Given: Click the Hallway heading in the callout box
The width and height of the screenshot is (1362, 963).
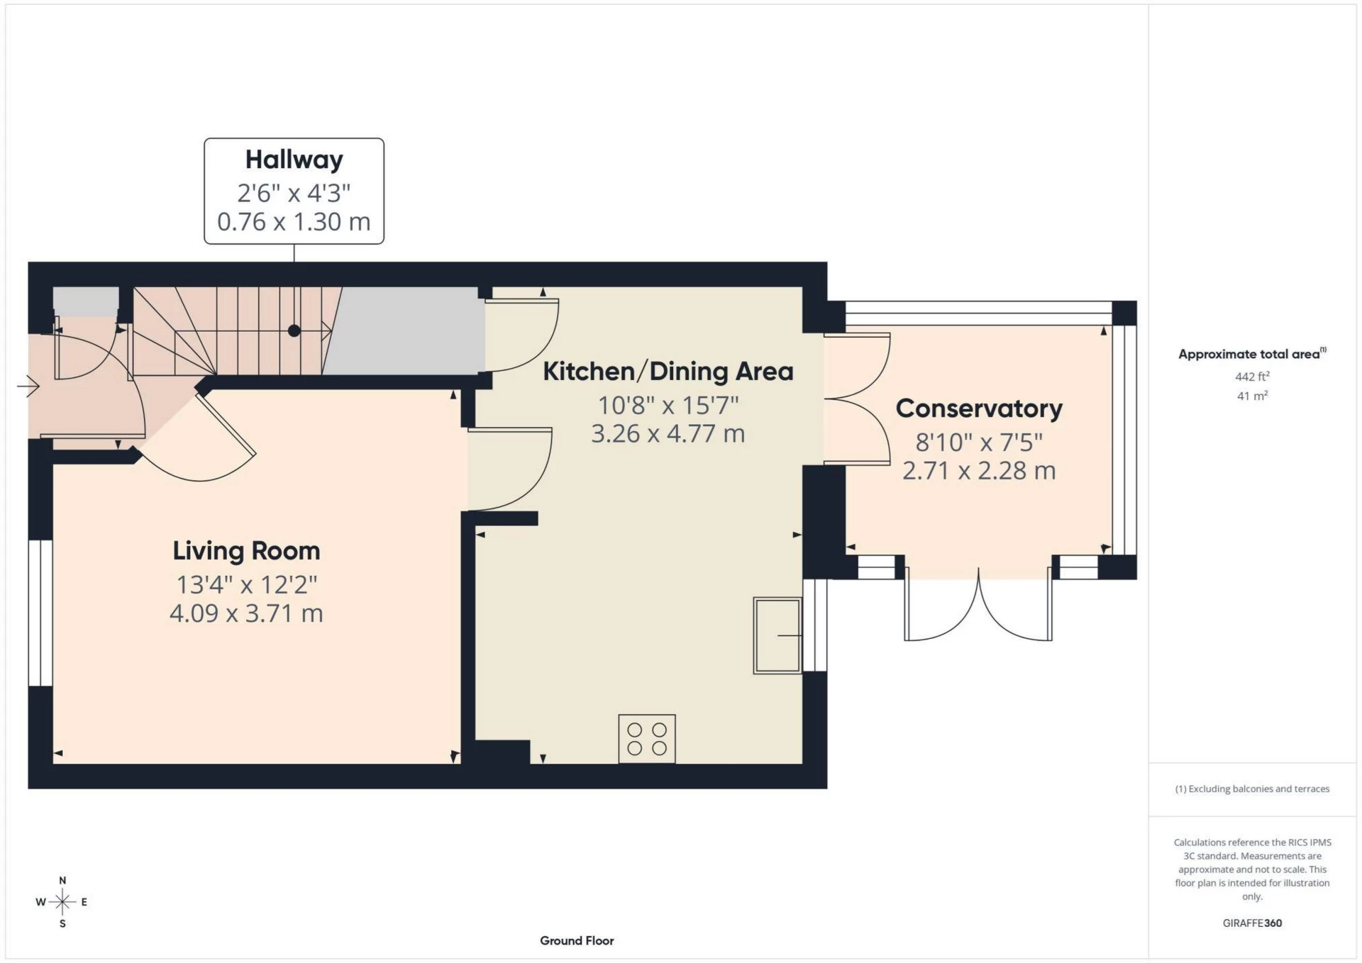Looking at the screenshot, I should coord(294,160).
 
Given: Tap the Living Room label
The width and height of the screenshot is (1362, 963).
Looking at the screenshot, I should coord(246,551).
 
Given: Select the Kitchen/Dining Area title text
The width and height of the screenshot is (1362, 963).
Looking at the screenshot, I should coord(668,372).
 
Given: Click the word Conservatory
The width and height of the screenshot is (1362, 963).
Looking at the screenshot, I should coord(978,408).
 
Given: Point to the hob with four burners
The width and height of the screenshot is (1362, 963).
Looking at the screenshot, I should coord(647,738).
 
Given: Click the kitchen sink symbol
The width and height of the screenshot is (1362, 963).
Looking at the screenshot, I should coord(777,635).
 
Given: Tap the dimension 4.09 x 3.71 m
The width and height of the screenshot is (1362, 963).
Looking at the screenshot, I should coord(246,613).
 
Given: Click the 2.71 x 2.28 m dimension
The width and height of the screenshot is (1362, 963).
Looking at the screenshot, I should coord(978,471).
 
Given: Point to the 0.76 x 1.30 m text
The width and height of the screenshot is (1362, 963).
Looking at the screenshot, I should coord(294,222).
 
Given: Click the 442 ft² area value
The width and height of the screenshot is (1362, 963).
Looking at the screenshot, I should coord(1251,377).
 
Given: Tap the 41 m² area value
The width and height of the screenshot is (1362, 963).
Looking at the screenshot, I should coord(1251,396).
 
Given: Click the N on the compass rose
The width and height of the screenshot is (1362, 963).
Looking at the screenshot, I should coord(62,880).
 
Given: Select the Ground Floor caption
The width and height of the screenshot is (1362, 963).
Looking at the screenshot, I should coord(576,940).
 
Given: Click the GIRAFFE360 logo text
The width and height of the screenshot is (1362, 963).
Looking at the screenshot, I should coord(1252,923).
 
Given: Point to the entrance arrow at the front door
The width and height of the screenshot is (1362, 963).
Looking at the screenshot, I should coord(28,386).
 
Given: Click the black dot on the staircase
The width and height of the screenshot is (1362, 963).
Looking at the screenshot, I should coord(294,330).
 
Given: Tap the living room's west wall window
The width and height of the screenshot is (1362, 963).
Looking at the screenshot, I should coord(40,613).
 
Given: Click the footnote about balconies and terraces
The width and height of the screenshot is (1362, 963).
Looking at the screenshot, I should coord(1252,789).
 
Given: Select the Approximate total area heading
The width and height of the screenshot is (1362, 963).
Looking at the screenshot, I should coord(1248,354).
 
